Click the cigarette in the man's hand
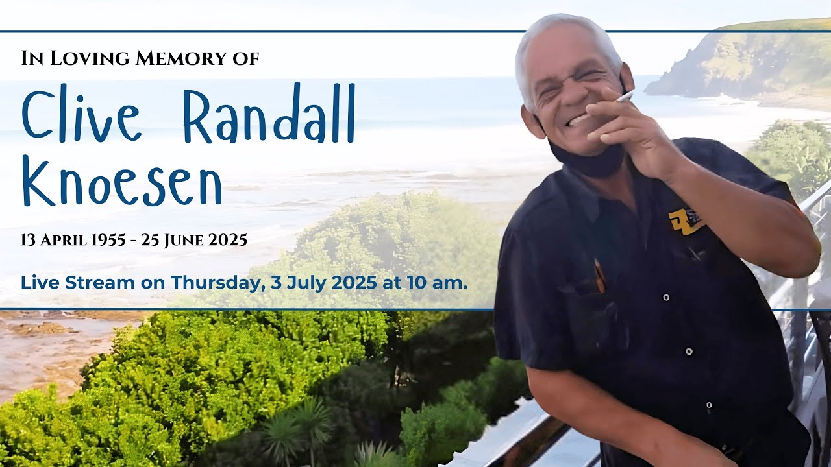[x=624, y=97]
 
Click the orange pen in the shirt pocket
[x=599, y=275]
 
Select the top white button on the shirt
[x=665, y=297]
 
